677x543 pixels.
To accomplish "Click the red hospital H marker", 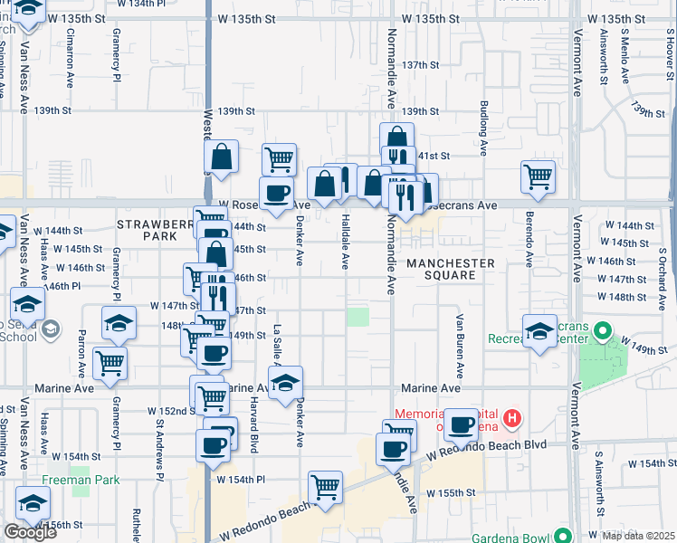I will point(512,418).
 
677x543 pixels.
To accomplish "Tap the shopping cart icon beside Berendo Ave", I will point(538,176).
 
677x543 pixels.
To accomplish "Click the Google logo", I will point(30,532).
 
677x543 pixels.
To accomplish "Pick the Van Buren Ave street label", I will point(460,346).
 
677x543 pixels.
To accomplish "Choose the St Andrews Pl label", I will point(160,441).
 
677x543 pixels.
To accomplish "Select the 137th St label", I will point(421,66).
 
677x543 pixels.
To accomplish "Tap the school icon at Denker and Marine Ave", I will point(285,381).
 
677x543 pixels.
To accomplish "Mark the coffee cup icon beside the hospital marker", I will point(460,424).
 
